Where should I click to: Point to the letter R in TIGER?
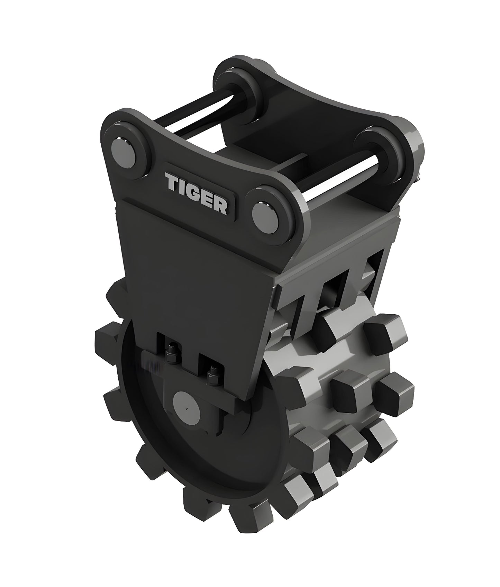tap(220, 207)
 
